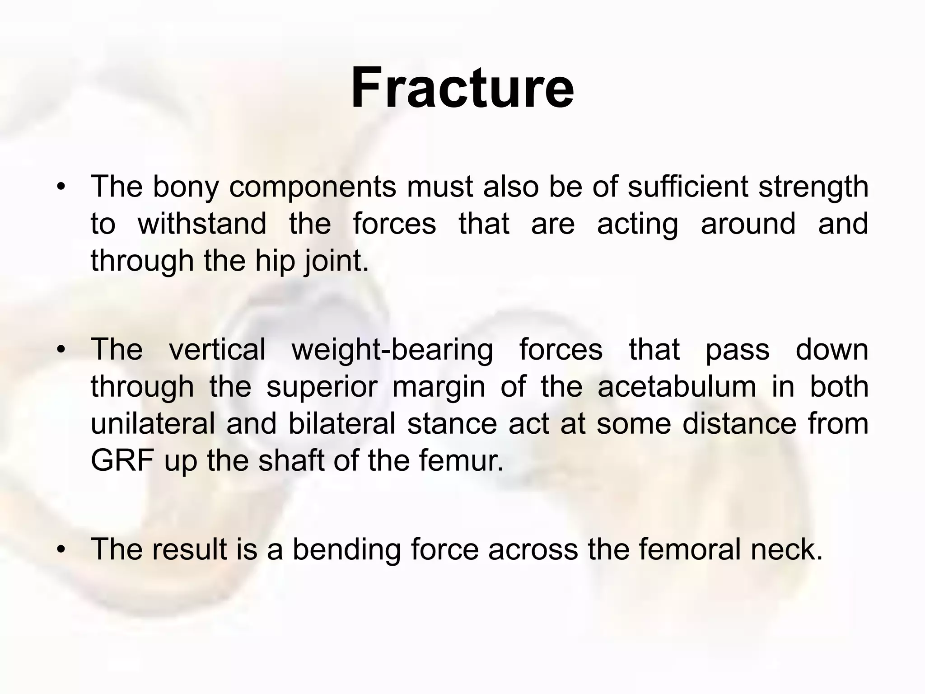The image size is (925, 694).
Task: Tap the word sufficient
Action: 688,187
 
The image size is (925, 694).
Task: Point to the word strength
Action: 813,188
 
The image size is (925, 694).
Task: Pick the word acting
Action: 637,225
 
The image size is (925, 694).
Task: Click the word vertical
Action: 217,350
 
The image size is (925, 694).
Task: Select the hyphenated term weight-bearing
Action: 392,351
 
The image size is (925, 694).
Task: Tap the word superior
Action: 322,388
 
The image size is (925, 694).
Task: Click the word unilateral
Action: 153,424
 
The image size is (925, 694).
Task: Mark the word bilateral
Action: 341,424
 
